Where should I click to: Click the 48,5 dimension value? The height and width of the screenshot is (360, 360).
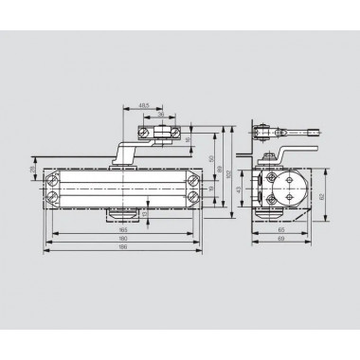143,104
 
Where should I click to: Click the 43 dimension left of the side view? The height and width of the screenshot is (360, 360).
239,189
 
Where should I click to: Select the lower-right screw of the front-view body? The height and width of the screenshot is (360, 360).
193,197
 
